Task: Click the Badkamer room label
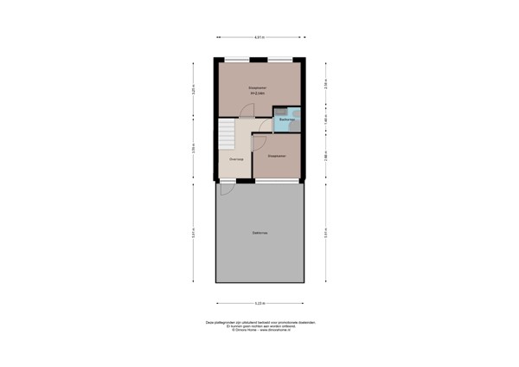[283, 119]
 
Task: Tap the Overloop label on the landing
[235, 159]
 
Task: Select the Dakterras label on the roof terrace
[259, 233]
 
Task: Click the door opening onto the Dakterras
[227, 183]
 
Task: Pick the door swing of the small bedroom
[259, 140]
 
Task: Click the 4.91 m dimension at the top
[259, 37]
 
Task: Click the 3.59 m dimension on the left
[194, 150]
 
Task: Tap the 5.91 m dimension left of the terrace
[194, 232]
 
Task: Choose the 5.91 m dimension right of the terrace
[325, 232]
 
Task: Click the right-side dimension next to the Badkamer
[325, 119]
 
